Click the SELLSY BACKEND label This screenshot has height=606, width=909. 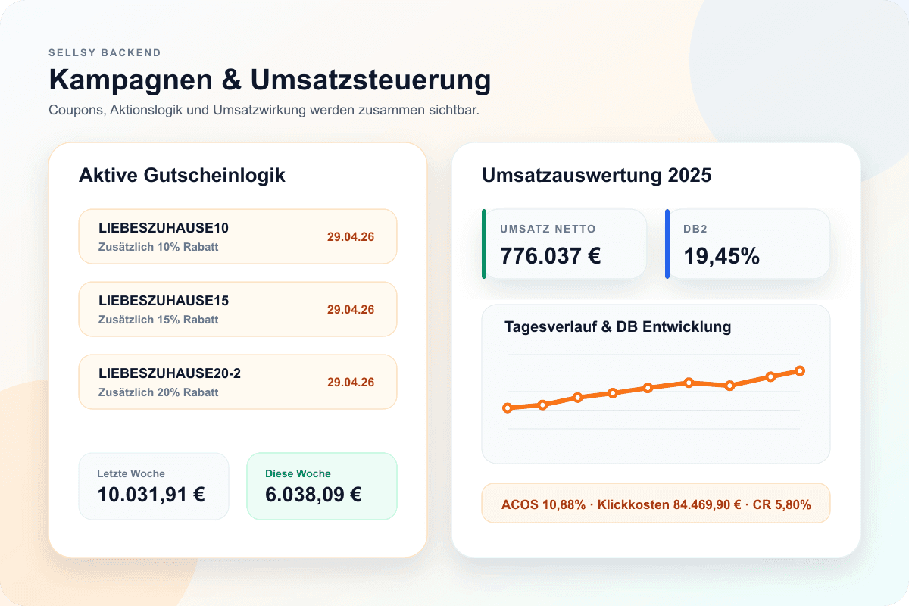(x=105, y=53)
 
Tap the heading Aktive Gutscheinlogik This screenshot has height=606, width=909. (x=182, y=175)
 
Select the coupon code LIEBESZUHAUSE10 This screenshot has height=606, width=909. (x=164, y=228)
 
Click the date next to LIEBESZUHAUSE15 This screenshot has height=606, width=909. (x=351, y=309)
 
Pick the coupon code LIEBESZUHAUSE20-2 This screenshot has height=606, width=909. (x=170, y=373)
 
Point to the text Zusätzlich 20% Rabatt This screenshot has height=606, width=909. (x=158, y=392)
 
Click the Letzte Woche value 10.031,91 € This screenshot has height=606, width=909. (x=151, y=495)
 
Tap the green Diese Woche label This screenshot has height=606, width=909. (x=298, y=473)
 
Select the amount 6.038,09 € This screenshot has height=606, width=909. (x=313, y=495)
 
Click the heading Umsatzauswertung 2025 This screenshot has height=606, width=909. (x=597, y=175)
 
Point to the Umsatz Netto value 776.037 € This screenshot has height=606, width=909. (x=551, y=256)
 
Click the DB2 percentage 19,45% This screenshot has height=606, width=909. (x=722, y=256)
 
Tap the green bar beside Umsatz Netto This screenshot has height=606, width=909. (x=484, y=244)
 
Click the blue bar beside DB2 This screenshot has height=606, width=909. (x=667, y=244)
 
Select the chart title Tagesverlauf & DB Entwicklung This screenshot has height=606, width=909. (x=617, y=327)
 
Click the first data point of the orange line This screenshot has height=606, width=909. (x=508, y=408)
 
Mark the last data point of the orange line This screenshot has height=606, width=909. (x=800, y=370)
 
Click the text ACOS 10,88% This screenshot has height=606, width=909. (x=543, y=504)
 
